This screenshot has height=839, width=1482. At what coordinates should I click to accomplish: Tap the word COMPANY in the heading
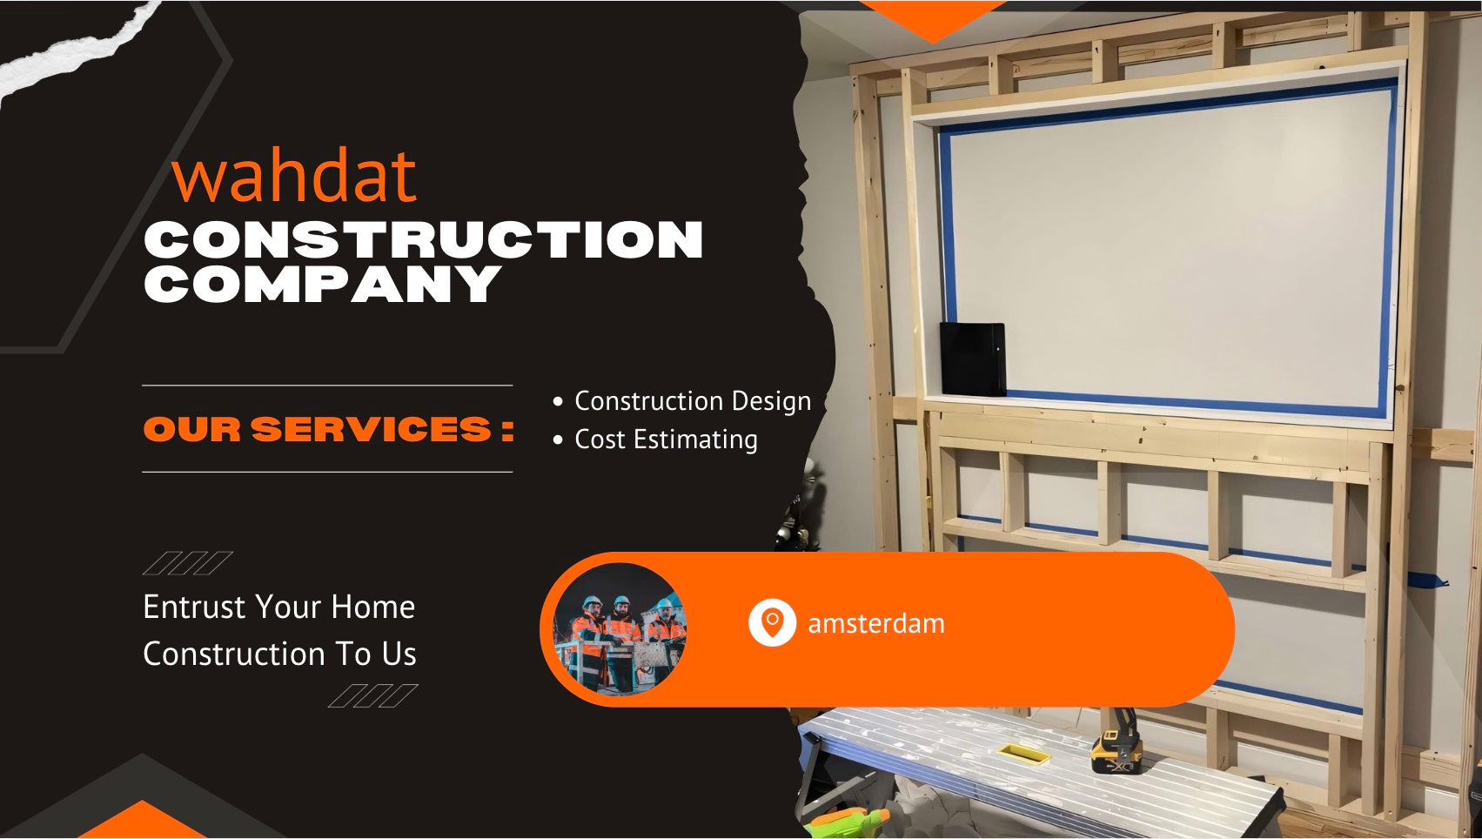click(322, 284)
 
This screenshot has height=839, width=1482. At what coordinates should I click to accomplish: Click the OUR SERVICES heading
click(329, 429)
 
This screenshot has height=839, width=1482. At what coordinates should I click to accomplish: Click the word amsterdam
click(876, 623)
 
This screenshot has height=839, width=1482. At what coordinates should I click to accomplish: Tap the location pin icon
click(772, 622)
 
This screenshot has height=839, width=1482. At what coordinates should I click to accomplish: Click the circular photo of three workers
click(620, 629)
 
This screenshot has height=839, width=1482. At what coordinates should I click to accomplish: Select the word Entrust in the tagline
click(195, 607)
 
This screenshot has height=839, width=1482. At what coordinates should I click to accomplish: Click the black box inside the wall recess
click(973, 359)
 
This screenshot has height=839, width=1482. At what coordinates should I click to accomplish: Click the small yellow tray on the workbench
click(1023, 753)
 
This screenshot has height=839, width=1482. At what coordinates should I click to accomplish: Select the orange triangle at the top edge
click(933, 21)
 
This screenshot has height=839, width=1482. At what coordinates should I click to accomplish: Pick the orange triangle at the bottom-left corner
click(142, 821)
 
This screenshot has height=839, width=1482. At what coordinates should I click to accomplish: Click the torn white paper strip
click(73, 50)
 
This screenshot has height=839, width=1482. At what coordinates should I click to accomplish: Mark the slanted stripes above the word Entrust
click(188, 563)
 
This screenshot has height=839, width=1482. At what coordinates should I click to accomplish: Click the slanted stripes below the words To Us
click(373, 696)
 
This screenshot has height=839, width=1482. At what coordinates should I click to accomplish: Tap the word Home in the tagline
click(373, 607)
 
